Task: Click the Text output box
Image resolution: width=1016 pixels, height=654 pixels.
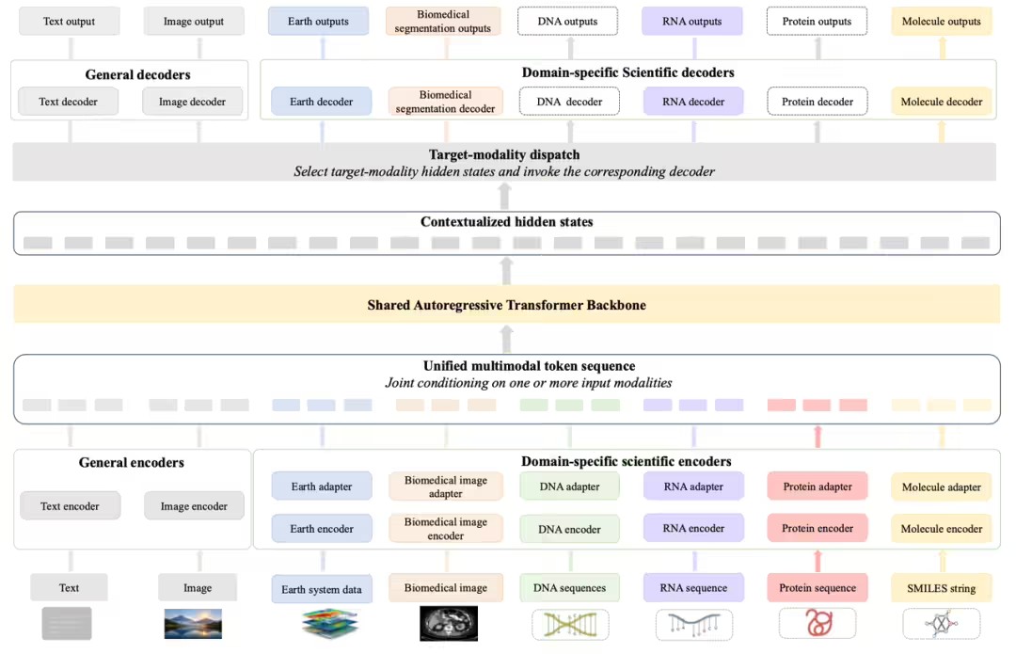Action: click(x=70, y=22)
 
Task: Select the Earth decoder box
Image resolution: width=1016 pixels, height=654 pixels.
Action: click(x=322, y=102)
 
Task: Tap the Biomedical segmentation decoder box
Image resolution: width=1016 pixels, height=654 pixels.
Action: click(x=445, y=102)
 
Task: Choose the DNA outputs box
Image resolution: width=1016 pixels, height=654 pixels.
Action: click(x=567, y=22)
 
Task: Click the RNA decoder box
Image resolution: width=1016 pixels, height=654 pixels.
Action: click(x=693, y=102)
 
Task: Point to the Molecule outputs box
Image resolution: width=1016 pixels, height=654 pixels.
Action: click(x=942, y=22)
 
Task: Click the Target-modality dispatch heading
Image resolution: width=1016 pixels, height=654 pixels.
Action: click(x=504, y=155)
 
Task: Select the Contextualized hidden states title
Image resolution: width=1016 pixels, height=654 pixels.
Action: click(x=507, y=222)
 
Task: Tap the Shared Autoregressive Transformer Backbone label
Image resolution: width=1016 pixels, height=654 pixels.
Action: click(x=507, y=305)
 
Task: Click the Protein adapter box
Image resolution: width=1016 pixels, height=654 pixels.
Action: click(x=818, y=487)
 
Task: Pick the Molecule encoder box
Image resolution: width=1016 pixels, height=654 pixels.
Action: click(x=942, y=529)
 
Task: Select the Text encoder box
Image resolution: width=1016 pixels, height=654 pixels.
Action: click(x=70, y=506)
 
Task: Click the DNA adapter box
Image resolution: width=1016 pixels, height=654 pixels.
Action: click(x=569, y=487)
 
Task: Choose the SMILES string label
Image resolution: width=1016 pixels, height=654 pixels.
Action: click(x=942, y=588)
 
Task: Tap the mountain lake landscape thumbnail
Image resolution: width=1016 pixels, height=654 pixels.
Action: click(x=193, y=624)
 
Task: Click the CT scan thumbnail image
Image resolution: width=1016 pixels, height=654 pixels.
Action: click(x=449, y=624)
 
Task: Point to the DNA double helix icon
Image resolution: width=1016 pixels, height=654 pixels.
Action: click(x=570, y=625)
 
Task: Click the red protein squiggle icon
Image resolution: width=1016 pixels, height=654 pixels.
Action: click(x=818, y=623)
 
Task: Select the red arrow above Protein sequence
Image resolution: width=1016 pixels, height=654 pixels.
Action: click(x=818, y=562)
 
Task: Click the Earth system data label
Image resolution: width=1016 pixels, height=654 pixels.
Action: click(x=322, y=589)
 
